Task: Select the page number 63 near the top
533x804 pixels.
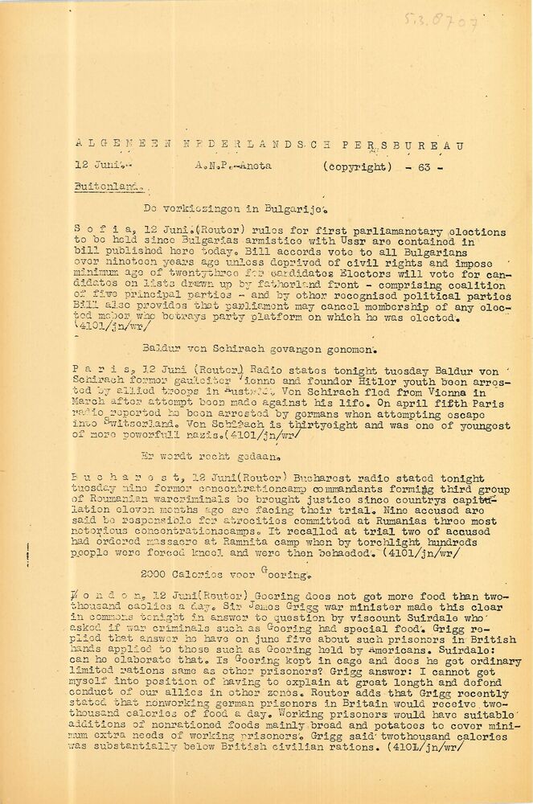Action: click(x=425, y=167)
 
